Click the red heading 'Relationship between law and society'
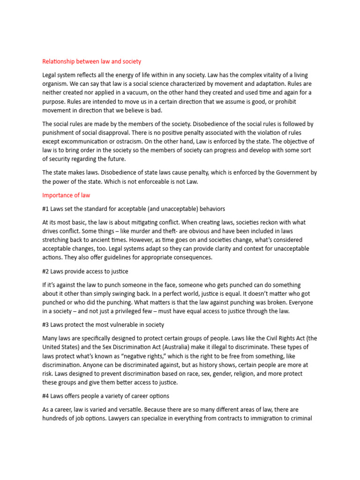(x=91, y=61)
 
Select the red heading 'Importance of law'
(x=66, y=195)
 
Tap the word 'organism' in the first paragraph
(x=56, y=84)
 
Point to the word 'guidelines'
(x=108, y=257)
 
